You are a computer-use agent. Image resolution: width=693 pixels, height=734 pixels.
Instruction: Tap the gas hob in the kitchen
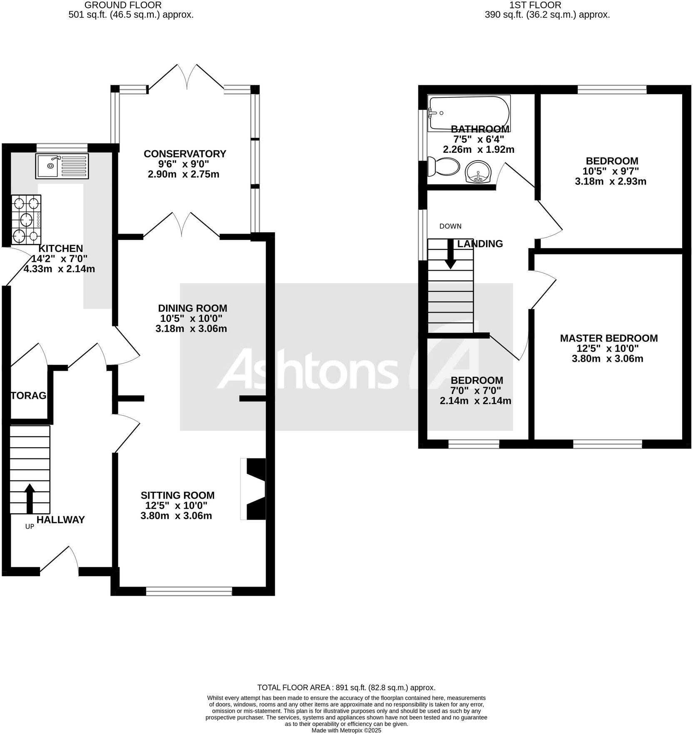click(x=26, y=219)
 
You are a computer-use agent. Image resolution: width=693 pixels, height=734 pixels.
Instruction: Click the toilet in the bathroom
click(x=443, y=167)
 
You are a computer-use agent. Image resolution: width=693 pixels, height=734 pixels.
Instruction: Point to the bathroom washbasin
click(x=478, y=172)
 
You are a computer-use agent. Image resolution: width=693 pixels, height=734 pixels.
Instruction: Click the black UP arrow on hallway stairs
click(x=30, y=498)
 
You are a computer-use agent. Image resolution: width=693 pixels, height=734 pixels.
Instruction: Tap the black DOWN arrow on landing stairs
click(x=450, y=254)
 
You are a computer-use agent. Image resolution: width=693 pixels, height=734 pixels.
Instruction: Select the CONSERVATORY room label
click(x=184, y=154)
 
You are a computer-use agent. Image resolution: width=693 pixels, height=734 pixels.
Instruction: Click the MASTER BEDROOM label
click(x=608, y=338)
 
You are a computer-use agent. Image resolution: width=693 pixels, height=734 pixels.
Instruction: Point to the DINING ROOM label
click(x=192, y=308)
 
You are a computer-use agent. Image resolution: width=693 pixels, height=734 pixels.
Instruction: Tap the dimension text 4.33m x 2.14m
click(x=59, y=269)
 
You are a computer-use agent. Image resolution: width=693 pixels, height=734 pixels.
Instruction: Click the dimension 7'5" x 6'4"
click(x=479, y=139)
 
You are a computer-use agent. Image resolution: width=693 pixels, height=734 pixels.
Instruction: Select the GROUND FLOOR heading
click(x=123, y=5)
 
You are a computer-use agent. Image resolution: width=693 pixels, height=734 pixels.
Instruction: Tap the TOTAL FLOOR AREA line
click(x=346, y=688)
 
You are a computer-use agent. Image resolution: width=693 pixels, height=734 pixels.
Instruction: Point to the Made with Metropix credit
click(x=346, y=730)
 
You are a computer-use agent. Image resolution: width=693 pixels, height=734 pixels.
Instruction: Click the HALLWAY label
click(x=60, y=520)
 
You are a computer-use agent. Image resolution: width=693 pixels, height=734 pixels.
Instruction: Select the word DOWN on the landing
click(x=450, y=226)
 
